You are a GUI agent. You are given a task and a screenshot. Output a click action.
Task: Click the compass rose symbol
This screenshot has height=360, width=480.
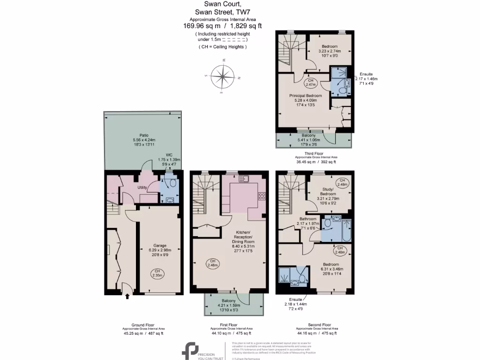[x=223, y=76]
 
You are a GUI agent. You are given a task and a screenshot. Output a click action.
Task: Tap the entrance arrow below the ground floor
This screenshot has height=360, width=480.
[x=127, y=296]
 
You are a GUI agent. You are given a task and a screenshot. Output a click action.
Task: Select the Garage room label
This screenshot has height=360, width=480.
[x=160, y=245]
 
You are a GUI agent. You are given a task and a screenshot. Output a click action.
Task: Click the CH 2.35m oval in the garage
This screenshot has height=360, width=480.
[x=158, y=273]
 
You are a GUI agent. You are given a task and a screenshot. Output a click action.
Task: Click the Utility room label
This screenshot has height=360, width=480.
[x=142, y=187]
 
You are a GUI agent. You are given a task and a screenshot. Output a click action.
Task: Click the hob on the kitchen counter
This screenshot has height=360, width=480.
[x=262, y=196]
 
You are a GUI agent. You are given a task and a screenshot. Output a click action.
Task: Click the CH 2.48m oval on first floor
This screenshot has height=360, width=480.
[x=212, y=263]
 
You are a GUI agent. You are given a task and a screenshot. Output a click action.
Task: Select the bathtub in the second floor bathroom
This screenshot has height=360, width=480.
[x=346, y=230]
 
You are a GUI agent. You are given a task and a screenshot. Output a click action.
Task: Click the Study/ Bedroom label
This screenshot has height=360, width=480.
[x=328, y=191]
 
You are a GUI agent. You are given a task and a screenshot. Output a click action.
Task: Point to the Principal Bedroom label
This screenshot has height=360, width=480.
[x=305, y=95]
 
